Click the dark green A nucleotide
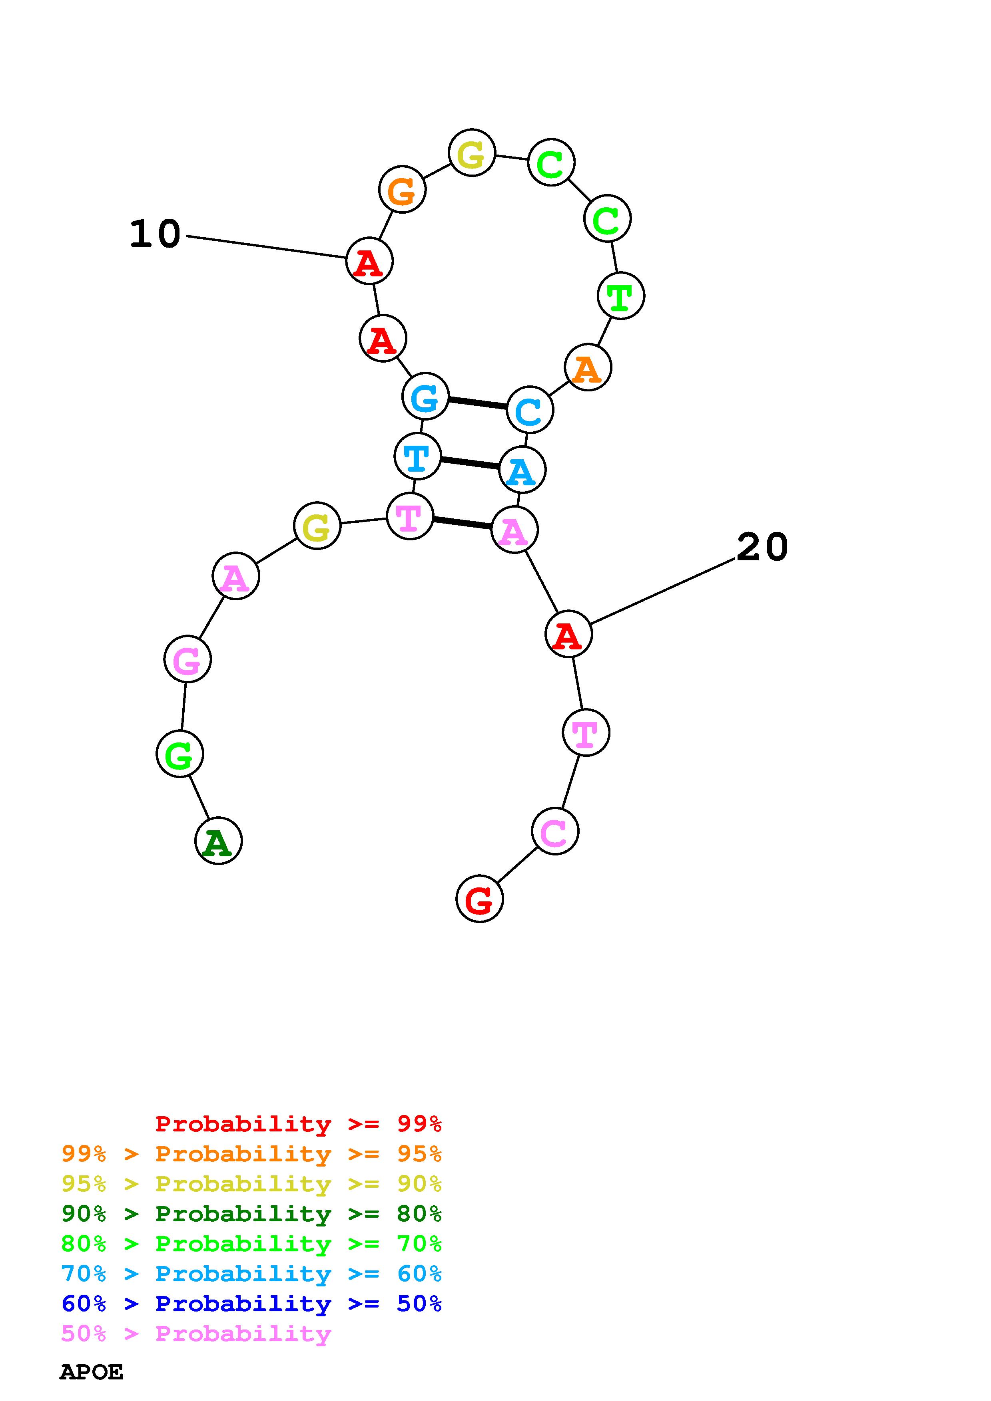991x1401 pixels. (x=218, y=841)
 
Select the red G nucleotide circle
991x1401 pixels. (x=479, y=899)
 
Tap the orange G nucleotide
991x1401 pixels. (x=402, y=190)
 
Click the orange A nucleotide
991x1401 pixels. (x=587, y=368)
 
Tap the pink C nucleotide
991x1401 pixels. (x=554, y=831)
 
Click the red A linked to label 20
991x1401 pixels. (x=568, y=635)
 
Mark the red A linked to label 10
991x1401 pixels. (x=369, y=261)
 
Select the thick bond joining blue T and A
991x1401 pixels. (x=470, y=463)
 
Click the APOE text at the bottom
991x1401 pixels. (x=92, y=1372)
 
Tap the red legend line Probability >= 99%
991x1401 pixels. (x=299, y=1123)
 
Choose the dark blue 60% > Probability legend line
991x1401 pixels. (x=251, y=1304)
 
